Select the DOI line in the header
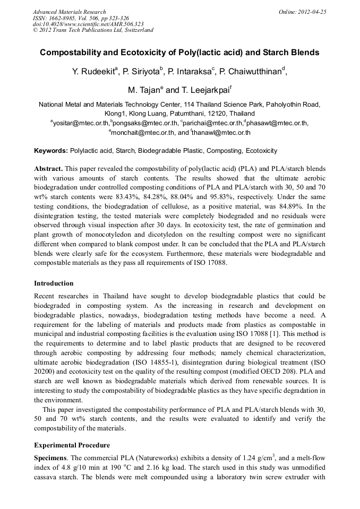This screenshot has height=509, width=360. pyautogui.click(x=87, y=24)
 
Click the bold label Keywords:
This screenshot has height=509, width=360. pyautogui.click(x=51, y=151)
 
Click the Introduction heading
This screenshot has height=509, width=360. pyautogui.click(x=54, y=283)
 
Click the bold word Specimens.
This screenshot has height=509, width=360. pyautogui.click(x=50, y=458)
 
